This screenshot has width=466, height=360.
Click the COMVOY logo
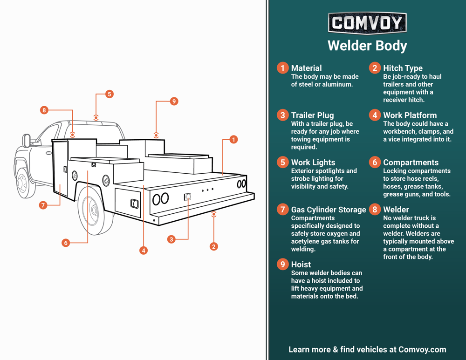coord(367,23)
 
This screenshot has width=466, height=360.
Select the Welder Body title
coord(367,46)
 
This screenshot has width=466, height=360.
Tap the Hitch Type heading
coord(403,68)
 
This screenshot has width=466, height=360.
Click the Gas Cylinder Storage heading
coord(329,210)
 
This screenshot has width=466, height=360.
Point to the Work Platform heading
coord(410,115)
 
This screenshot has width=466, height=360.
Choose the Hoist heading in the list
coord(301,265)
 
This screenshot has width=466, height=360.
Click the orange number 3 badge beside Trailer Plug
coord(282,115)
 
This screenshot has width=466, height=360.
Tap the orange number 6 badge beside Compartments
coord(375,162)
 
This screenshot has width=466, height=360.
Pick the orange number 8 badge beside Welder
coord(375,210)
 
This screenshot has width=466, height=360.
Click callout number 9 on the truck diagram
coord(174,101)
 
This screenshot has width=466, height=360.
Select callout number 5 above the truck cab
coord(109,94)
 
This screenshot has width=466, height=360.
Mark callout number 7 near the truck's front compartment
coord(43,205)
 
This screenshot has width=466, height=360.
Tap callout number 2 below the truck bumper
coord(213,246)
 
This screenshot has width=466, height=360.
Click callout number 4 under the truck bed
coord(144,251)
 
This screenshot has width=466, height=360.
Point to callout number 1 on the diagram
coord(233,139)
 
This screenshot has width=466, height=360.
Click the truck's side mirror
coord(27,140)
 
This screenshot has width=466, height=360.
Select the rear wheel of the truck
coord(94,211)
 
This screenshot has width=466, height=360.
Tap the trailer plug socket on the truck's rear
coord(187,197)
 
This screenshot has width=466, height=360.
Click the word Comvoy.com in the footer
coord(422,349)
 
